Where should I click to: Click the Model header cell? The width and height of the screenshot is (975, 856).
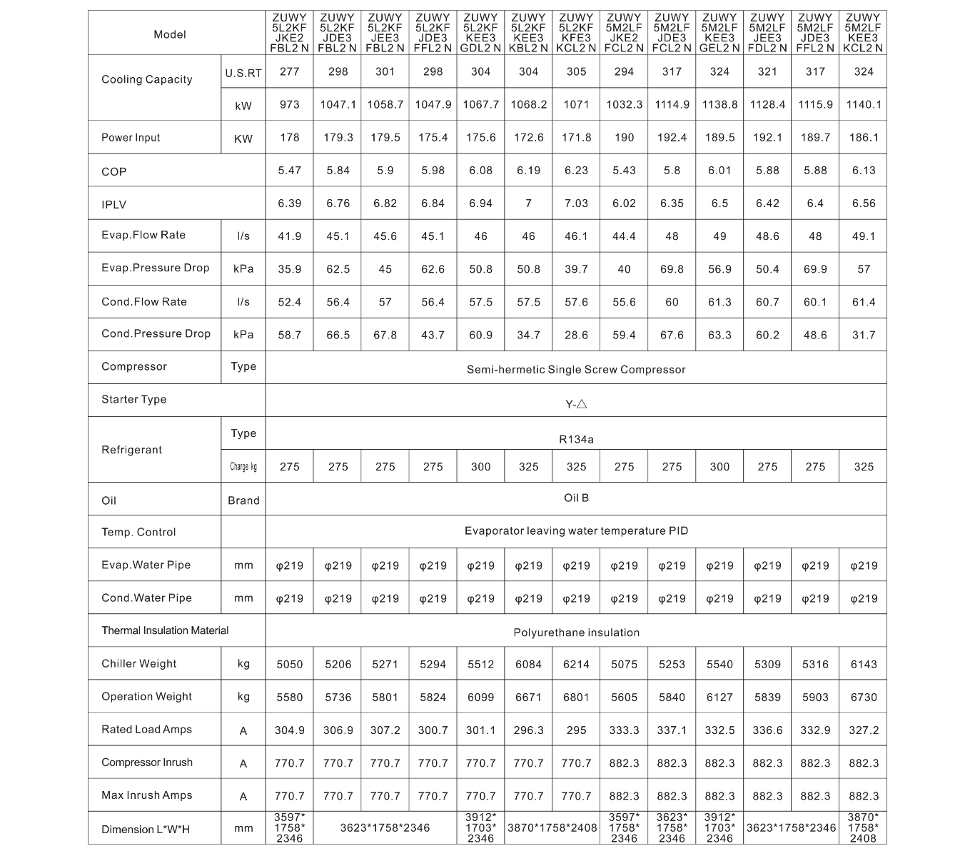pyautogui.click(x=170, y=34)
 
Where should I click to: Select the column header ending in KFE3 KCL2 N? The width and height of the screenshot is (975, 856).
pyautogui.click(x=576, y=34)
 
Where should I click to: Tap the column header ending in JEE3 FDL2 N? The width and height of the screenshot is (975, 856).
pyautogui.click(x=767, y=34)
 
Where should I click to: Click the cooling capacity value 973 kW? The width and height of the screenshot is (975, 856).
pyautogui.click(x=289, y=104)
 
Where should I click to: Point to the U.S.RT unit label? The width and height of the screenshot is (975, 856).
pyautogui.click(x=243, y=73)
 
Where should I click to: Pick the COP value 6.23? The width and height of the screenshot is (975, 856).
pyautogui.click(x=576, y=171)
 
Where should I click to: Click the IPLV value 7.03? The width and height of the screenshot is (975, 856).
pyautogui.click(x=576, y=203)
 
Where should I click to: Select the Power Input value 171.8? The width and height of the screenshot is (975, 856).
pyautogui.click(x=576, y=137)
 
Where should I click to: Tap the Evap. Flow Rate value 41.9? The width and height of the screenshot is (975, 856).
pyautogui.click(x=289, y=236)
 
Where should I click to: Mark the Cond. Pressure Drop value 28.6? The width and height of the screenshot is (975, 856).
pyautogui.click(x=576, y=335)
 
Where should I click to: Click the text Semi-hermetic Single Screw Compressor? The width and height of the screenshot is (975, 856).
pyautogui.click(x=576, y=370)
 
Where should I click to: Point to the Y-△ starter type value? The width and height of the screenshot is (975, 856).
pyautogui.click(x=576, y=404)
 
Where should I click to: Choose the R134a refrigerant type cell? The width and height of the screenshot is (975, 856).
pyautogui.click(x=576, y=439)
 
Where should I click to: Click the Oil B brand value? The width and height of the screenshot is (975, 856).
pyautogui.click(x=576, y=498)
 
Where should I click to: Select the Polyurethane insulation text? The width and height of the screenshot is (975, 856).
pyautogui.click(x=576, y=633)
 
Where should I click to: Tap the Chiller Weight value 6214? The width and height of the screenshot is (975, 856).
pyautogui.click(x=576, y=665)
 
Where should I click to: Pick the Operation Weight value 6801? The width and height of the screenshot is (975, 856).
pyautogui.click(x=576, y=698)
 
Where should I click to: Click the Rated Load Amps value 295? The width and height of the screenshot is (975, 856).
pyautogui.click(x=576, y=730)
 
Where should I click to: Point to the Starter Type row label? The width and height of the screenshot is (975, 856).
pyautogui.click(x=134, y=399)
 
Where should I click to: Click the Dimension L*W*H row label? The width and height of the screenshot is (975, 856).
pyautogui.click(x=146, y=830)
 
